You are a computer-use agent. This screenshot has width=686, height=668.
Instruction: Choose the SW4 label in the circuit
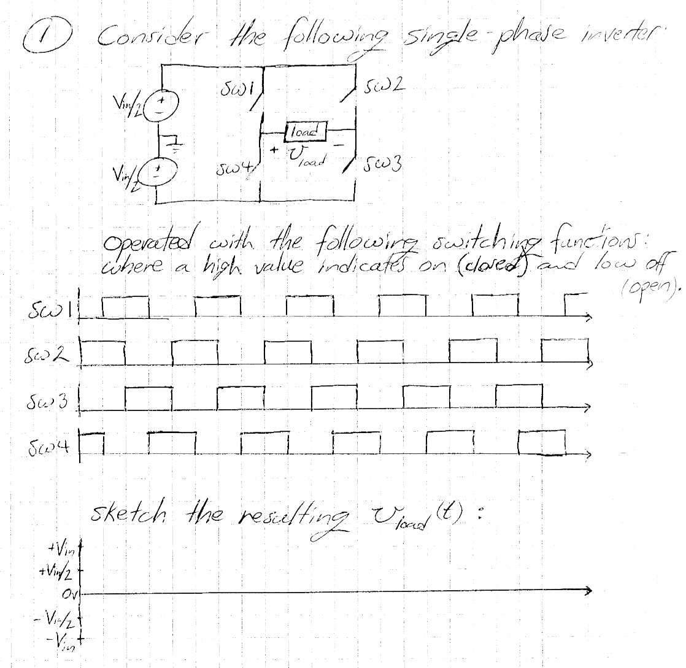click(x=233, y=167)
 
